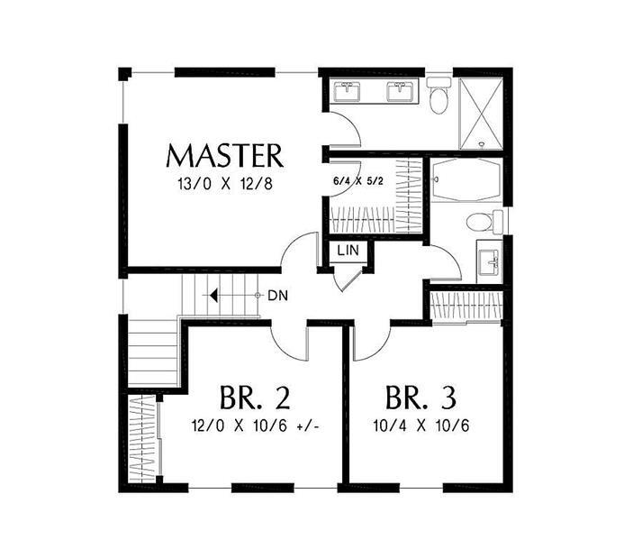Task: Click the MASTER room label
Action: (x=225, y=155)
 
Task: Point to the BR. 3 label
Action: (x=420, y=397)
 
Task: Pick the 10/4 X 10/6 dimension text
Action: (x=420, y=425)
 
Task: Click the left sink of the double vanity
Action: (x=347, y=91)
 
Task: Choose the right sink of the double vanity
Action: (x=398, y=91)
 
